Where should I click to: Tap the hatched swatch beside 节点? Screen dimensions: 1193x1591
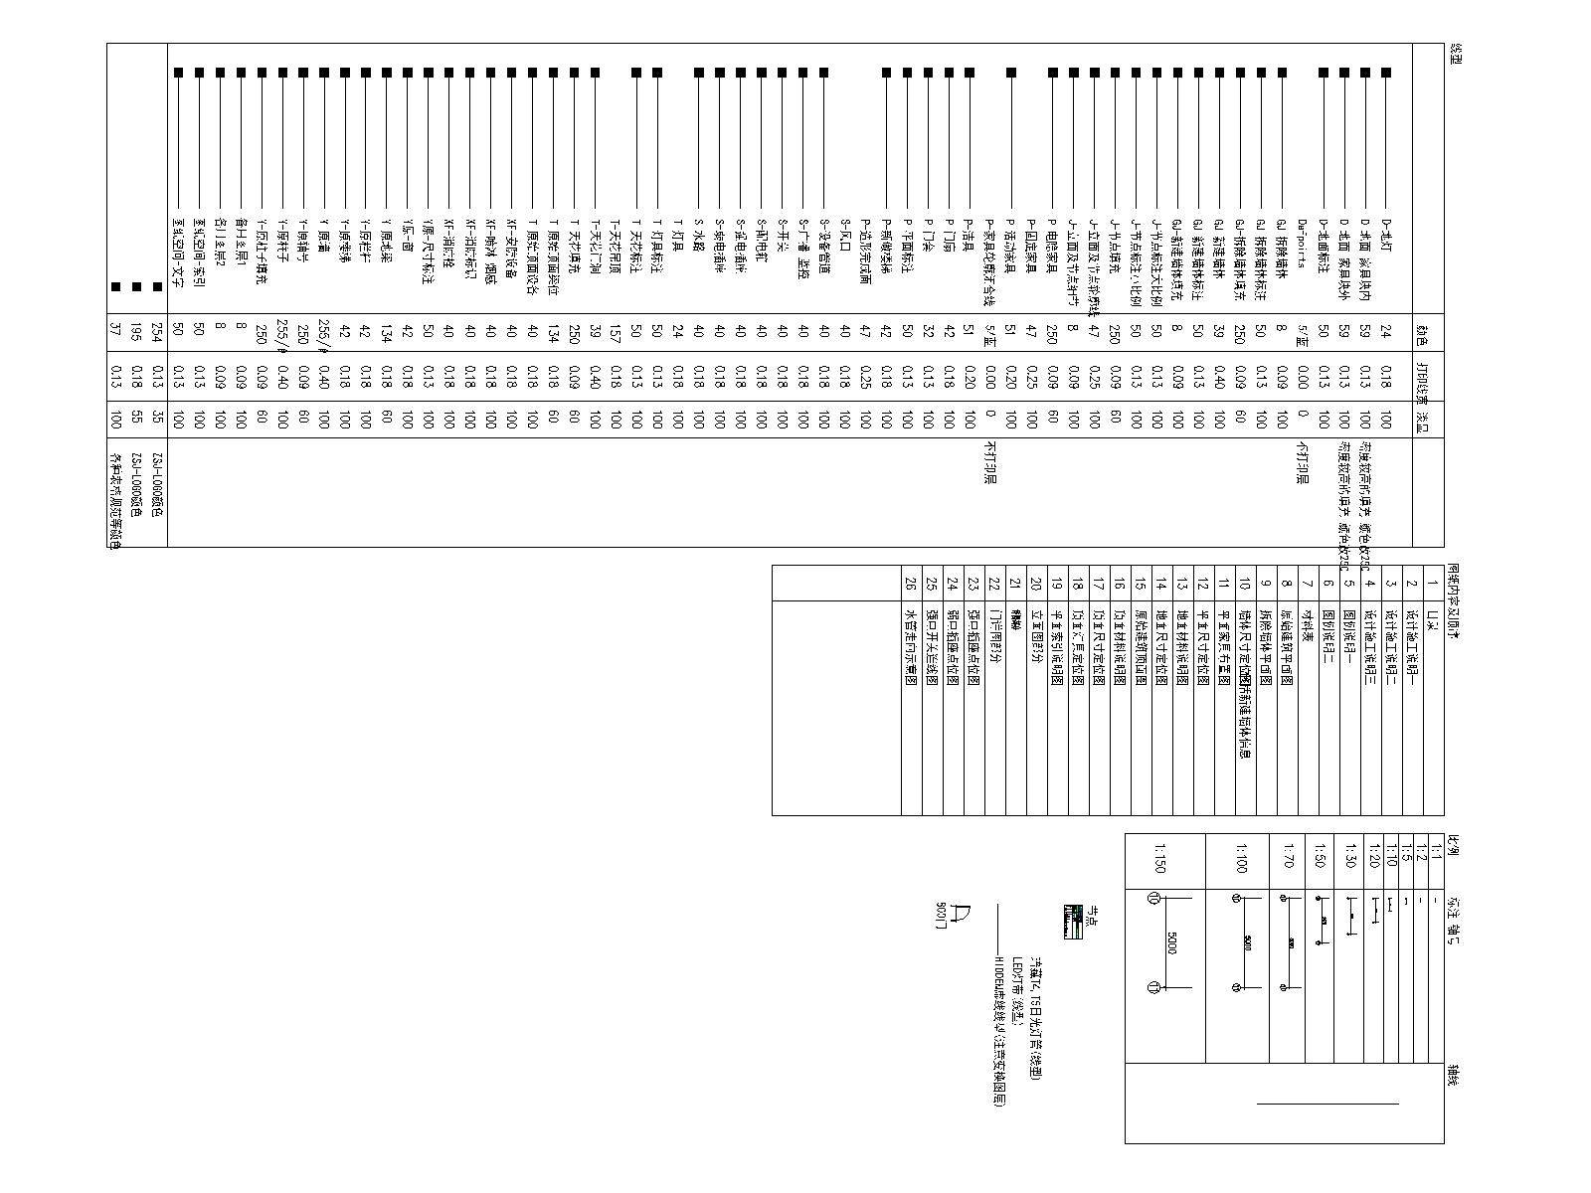(1072, 924)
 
